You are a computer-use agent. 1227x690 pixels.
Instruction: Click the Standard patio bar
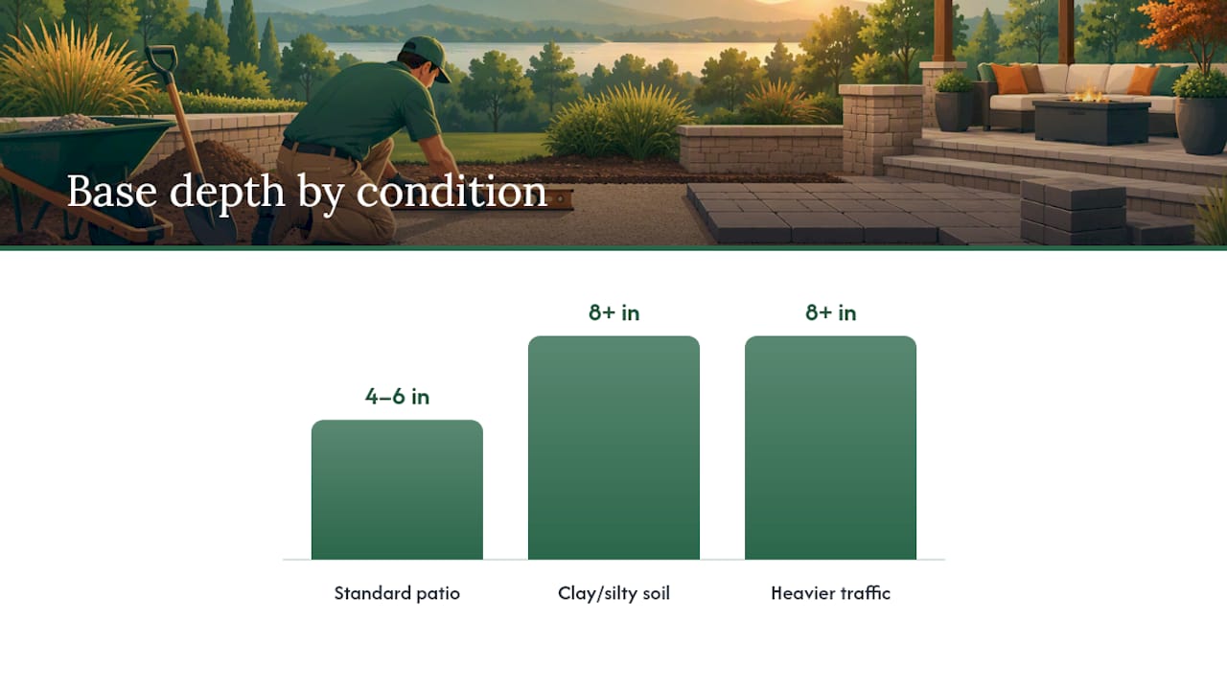coord(397,490)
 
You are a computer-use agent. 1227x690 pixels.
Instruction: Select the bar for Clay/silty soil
coord(613,448)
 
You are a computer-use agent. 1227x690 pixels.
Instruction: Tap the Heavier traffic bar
coord(830,448)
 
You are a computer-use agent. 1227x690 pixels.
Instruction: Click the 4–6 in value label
coord(397,397)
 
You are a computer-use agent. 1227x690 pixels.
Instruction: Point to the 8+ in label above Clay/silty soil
coord(613,312)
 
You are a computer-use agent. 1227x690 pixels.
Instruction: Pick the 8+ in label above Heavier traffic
coord(830,312)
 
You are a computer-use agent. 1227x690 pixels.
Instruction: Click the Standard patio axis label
coord(397,593)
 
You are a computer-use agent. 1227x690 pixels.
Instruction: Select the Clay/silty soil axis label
coord(613,593)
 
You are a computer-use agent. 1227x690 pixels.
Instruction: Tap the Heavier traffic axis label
coord(830,593)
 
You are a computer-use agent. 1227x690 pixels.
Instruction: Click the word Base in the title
coord(112,191)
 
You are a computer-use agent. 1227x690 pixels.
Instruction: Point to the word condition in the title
coord(451,191)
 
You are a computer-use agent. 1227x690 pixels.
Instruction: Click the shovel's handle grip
coord(162,57)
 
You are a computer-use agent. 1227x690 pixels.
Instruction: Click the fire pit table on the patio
coord(1091,121)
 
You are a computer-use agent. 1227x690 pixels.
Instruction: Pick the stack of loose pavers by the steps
coord(1073,211)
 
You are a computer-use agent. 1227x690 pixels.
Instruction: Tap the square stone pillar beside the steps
coord(880,129)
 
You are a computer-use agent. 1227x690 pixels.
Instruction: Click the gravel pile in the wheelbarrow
coord(70,123)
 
